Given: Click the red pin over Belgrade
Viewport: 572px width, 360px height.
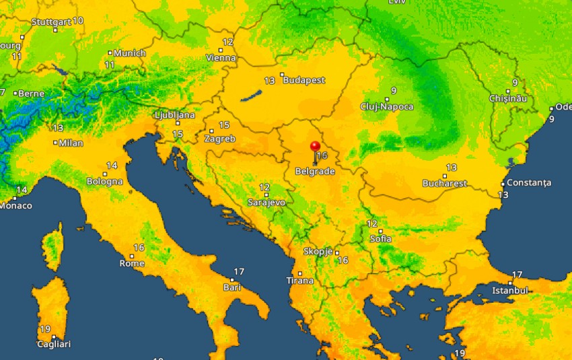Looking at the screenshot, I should point(315,146).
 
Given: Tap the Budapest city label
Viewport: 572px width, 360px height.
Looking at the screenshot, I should point(304,80).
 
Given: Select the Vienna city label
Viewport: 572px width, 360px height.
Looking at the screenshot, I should point(221,58).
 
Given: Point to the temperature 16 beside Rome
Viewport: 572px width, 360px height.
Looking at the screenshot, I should point(139,248).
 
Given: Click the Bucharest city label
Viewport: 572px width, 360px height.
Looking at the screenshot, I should point(445,183).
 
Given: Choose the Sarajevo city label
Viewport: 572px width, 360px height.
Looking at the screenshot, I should point(266,202).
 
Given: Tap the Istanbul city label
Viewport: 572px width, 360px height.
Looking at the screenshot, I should point(510,290).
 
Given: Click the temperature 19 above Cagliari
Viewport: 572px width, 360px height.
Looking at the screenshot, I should point(45,329).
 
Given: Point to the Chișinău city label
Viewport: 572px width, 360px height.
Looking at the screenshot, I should point(508,98).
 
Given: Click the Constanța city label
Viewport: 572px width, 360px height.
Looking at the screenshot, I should point(529,182).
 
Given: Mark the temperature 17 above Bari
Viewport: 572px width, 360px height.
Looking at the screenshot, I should point(239,271).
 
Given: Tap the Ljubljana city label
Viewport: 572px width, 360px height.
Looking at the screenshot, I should point(174,115).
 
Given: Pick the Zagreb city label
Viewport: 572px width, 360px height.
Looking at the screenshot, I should point(219,139).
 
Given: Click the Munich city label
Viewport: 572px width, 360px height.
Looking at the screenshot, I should point(130,53).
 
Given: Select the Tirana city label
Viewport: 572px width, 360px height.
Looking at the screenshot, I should point(300,280).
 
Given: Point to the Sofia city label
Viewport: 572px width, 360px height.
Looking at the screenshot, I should point(381,239).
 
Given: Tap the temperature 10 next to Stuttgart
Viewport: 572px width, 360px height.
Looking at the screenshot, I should point(78,20).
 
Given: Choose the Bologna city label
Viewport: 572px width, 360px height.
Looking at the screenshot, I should point(105,181).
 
